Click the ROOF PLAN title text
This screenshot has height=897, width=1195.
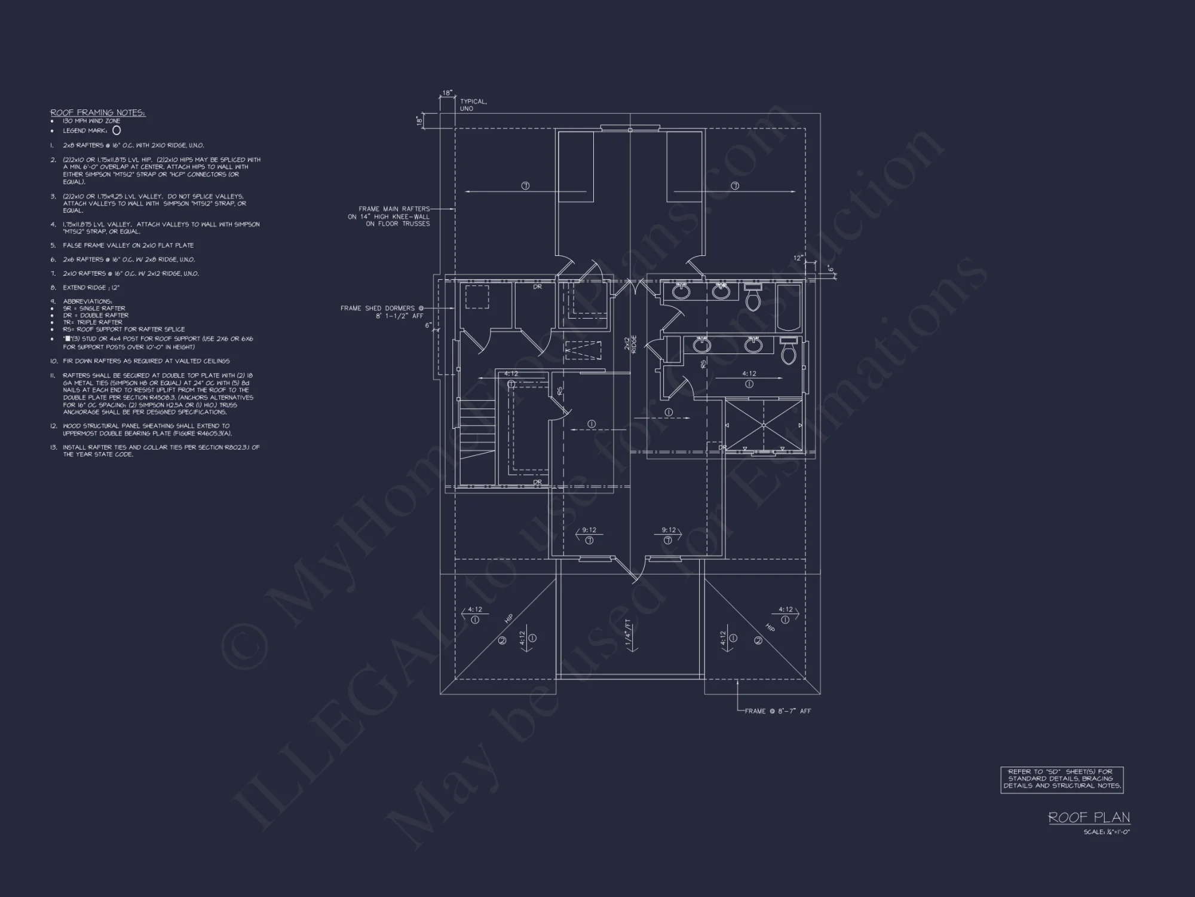(x=1089, y=817)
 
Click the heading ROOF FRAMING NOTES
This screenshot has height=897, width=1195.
(x=98, y=112)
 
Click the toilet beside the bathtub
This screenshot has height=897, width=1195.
(x=752, y=297)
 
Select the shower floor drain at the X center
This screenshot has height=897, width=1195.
(x=764, y=425)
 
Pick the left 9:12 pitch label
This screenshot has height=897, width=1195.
(x=589, y=530)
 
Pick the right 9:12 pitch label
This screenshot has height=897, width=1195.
(x=669, y=530)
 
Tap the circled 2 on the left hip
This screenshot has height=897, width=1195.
(x=502, y=640)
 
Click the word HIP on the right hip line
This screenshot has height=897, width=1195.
(x=770, y=627)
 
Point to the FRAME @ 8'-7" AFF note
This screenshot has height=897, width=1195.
(x=777, y=711)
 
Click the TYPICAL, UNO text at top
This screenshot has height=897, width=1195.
(x=473, y=105)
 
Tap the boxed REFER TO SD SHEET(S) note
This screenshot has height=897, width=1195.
(x=1062, y=779)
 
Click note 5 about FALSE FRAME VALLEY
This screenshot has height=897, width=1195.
(x=128, y=245)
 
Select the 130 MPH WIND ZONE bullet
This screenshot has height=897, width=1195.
(x=91, y=121)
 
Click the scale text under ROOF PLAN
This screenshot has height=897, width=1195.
(x=1107, y=832)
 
